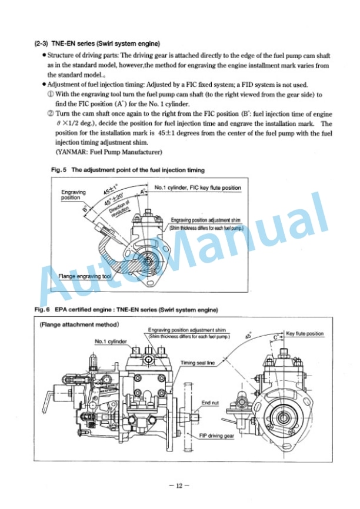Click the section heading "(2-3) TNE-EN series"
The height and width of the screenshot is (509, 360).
click(97, 44)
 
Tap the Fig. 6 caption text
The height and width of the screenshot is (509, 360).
click(126, 309)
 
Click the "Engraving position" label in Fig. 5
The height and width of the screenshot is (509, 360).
click(74, 195)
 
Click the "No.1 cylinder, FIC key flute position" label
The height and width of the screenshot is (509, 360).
click(198, 188)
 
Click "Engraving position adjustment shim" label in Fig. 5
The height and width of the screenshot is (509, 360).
click(205, 220)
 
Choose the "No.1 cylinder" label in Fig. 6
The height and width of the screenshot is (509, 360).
click(111, 341)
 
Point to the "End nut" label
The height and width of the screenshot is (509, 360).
click(210, 403)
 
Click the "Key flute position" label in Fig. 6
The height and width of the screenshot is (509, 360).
click(305, 334)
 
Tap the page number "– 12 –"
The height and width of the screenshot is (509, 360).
click(180, 485)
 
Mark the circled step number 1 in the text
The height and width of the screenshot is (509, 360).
click(50, 94)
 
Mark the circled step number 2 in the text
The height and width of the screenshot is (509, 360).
click(50, 115)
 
